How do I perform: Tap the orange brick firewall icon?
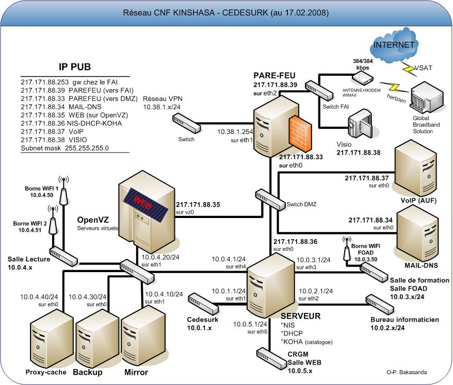click(x=300, y=133)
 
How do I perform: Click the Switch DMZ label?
click(x=301, y=204)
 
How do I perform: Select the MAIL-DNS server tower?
click(x=417, y=236)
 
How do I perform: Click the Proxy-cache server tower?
click(x=52, y=340)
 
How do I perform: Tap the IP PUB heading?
click(x=75, y=67)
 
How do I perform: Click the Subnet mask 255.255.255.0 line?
click(x=64, y=148)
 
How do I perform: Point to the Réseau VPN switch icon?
click(x=187, y=123)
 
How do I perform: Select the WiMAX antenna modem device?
click(x=362, y=78)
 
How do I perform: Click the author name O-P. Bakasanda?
click(x=407, y=372)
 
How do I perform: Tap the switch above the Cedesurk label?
click(x=203, y=304)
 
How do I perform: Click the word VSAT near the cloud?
click(x=424, y=68)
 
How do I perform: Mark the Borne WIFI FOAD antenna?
click(x=347, y=249)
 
